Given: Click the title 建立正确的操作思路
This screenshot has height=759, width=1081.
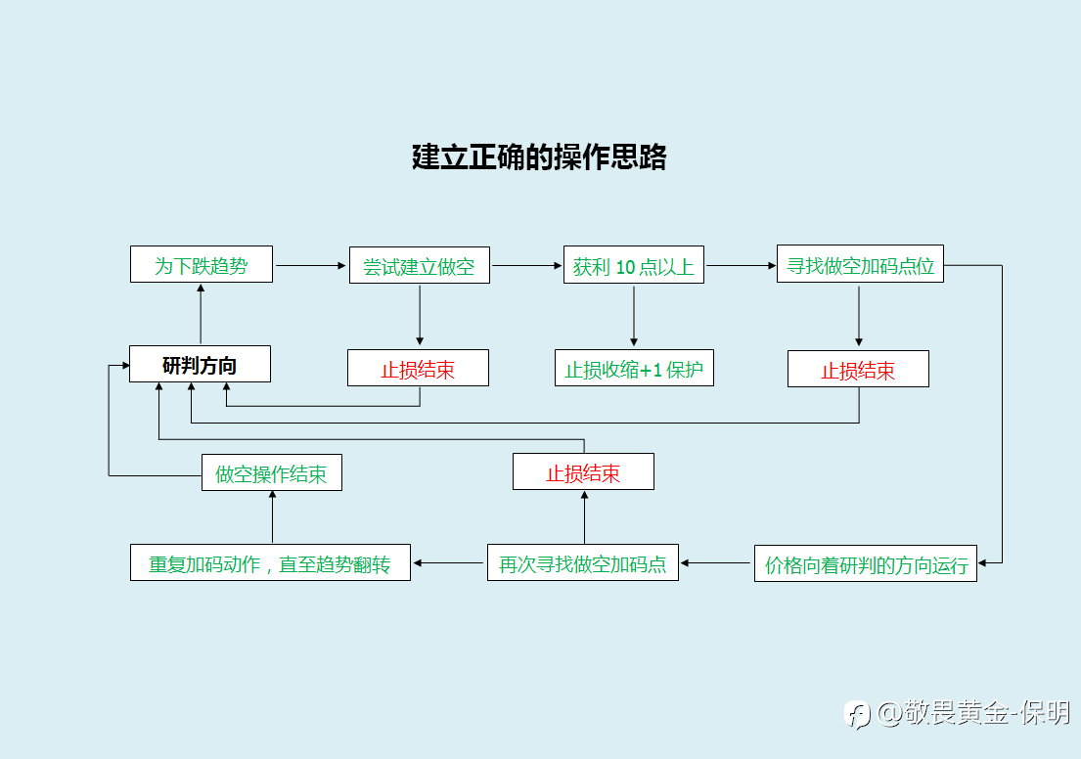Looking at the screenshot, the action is click(x=539, y=157).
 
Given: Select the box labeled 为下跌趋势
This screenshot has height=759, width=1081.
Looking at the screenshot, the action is click(x=202, y=264).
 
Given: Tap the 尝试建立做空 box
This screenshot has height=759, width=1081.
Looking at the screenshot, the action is click(x=419, y=265).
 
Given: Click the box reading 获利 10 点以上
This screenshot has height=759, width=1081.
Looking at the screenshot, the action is click(x=634, y=265).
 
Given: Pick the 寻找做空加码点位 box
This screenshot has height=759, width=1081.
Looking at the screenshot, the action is click(x=860, y=264).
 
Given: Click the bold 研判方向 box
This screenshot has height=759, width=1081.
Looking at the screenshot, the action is click(x=200, y=364).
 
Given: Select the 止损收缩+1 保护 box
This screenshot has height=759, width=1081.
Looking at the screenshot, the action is click(x=634, y=368).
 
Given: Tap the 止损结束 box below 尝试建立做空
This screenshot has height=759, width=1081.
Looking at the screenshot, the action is click(x=418, y=368).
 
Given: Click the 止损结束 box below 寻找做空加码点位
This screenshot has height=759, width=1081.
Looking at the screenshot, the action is click(x=858, y=369).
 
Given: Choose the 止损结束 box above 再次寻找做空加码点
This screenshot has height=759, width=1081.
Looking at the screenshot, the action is click(x=583, y=471).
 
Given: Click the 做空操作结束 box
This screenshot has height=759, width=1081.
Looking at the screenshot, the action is click(x=272, y=472).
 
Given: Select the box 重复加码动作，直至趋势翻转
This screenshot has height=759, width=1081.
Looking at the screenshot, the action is click(x=270, y=562).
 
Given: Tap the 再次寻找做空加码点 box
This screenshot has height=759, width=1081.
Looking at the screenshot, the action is click(x=582, y=562).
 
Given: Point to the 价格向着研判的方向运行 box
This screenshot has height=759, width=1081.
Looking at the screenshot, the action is click(x=866, y=564).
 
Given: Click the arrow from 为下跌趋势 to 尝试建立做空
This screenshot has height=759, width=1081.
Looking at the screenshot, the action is click(x=311, y=265).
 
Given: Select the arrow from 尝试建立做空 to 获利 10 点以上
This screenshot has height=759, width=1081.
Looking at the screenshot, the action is click(x=527, y=265).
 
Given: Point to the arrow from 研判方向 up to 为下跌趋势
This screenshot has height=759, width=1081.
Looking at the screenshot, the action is click(x=201, y=314).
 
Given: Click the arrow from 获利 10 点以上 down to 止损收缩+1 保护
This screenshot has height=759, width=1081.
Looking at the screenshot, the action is click(x=634, y=316).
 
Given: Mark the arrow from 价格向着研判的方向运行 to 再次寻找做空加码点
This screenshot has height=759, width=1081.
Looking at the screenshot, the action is click(x=715, y=563).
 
